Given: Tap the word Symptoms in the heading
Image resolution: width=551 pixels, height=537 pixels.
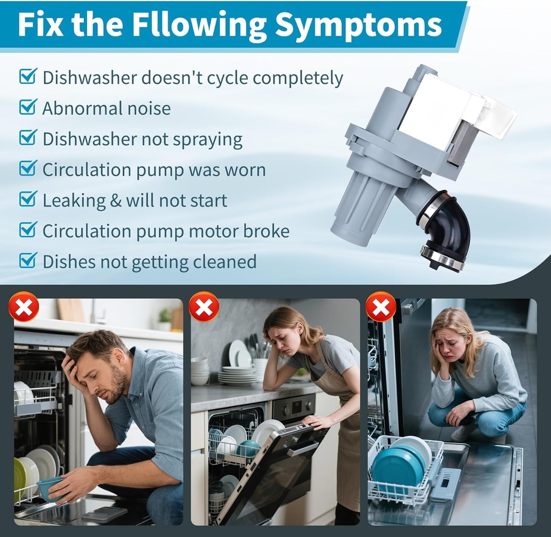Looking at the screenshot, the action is pyautogui.click(x=358, y=25).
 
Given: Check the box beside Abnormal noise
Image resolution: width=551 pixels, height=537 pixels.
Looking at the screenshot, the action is pyautogui.click(x=28, y=106).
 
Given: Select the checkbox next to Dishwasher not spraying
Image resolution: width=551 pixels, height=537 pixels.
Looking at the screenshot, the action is pyautogui.click(x=28, y=137).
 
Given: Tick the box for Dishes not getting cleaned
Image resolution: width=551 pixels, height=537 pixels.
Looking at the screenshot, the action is pyautogui.click(x=28, y=260).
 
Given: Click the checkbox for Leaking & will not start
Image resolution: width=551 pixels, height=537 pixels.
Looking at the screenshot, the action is pyautogui.click(x=28, y=199).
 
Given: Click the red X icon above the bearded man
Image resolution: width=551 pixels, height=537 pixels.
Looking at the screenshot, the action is pyautogui.click(x=24, y=307).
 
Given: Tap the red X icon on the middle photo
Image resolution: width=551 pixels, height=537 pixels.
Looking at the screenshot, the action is pyautogui.click(x=204, y=307).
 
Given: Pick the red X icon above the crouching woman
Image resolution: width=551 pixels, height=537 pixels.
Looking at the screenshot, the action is pyautogui.click(x=381, y=307).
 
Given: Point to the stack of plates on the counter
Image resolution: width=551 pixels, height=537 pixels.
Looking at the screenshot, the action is pyautogui.click(x=238, y=376).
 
